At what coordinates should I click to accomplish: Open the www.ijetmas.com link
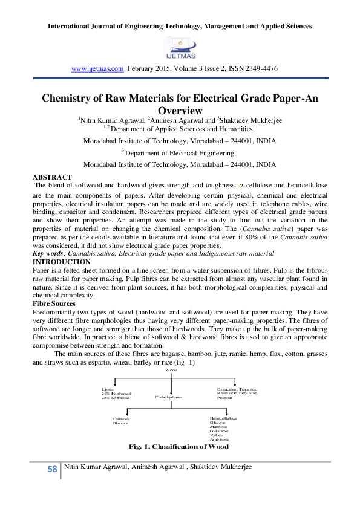(97, 69)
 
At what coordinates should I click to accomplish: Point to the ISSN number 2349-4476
(263, 69)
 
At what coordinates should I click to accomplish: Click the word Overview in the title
(179, 111)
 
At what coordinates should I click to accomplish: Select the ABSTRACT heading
(52, 177)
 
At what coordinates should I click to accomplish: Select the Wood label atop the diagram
(171, 369)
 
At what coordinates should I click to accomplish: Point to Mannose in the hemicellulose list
(218, 427)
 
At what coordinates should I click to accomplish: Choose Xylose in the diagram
(217, 435)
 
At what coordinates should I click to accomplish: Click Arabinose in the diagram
(219, 439)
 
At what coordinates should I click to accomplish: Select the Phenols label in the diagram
(224, 398)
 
